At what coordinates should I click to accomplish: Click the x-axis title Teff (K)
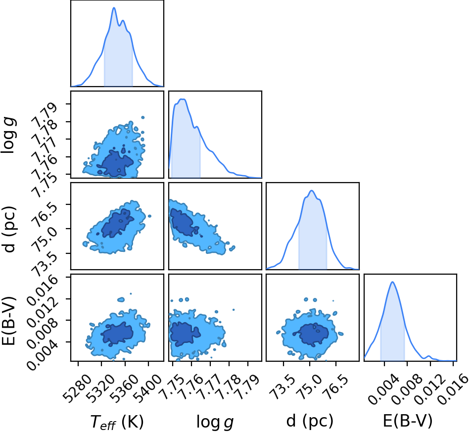point(117,421)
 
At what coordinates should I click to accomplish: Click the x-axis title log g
point(215,422)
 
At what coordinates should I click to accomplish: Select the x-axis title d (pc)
point(310,421)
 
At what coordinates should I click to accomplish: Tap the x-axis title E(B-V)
point(408,421)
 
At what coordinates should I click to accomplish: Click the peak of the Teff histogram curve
point(114,7)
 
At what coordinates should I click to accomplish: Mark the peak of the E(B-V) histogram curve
point(392,282)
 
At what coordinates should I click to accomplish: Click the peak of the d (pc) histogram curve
point(312,191)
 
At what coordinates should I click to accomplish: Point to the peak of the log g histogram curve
point(182,99)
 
